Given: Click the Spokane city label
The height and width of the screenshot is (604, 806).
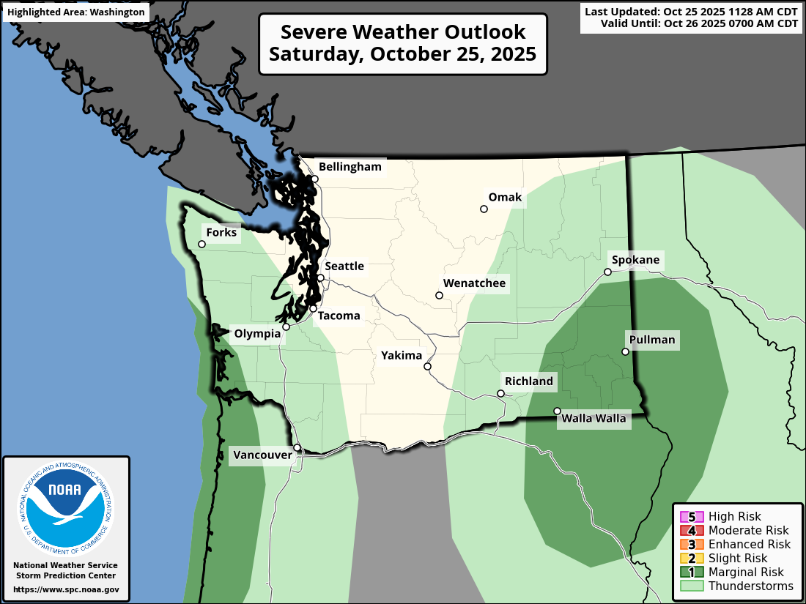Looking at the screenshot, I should tap(635, 260).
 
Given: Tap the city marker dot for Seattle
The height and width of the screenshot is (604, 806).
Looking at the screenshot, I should tap(320, 277).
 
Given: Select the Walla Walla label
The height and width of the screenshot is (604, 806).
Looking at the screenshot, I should tap(594, 419).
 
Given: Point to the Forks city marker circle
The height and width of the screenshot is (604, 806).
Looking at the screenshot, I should tap(202, 244).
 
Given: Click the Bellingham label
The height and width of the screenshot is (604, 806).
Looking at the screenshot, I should tap(350, 167).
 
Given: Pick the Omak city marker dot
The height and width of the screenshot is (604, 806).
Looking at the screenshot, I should tap(484, 209).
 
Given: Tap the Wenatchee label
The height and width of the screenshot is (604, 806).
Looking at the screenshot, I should tap(474, 283).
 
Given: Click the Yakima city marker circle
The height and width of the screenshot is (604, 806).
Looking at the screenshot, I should tap(427, 366).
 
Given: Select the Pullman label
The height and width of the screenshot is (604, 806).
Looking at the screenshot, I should tap(651, 340).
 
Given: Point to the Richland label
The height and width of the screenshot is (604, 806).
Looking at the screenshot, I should tap(528, 381).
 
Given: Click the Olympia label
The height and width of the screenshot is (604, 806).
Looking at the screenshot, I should tap(256, 334).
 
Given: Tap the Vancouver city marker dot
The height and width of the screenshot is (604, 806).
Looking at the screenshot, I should tap(297, 447).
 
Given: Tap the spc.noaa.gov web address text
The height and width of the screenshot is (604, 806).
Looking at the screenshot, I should tap(66, 589).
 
